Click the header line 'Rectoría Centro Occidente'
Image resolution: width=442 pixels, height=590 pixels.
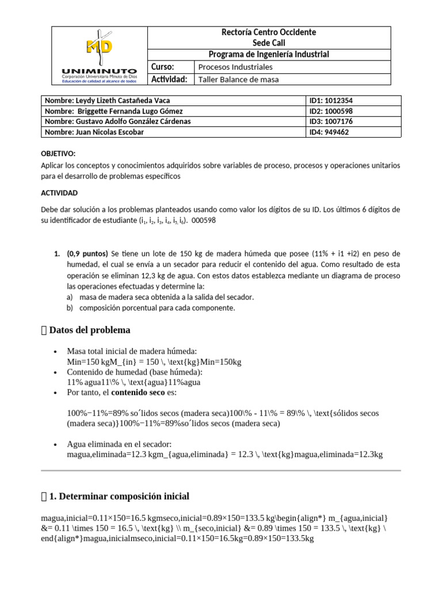(x=268, y=32)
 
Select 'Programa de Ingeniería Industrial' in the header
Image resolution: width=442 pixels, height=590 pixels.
(x=268, y=54)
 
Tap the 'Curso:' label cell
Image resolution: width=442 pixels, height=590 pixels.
(x=162, y=67)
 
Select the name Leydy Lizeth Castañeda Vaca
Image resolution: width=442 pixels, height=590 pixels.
(x=107, y=100)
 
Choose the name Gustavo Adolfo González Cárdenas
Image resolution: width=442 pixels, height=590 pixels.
(x=117, y=122)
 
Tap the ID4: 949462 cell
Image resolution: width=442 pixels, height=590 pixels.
(x=329, y=132)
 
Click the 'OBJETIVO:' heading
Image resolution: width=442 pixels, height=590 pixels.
(x=58, y=154)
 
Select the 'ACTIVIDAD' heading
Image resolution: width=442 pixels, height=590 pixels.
(x=59, y=192)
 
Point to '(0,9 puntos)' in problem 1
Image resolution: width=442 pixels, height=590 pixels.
(x=87, y=254)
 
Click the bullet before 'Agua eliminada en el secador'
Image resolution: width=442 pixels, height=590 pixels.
(x=54, y=445)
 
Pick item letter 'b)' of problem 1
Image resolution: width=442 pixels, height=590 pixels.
(x=70, y=308)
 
